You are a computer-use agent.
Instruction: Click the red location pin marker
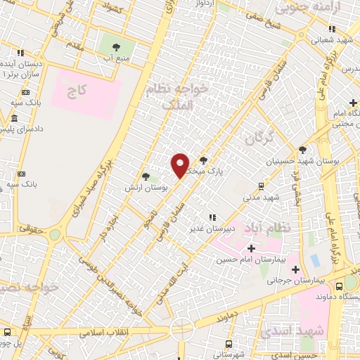coord(180,165)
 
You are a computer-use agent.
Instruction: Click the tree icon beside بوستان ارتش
coord(146,176)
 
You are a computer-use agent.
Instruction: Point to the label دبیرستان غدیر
coord(209,228)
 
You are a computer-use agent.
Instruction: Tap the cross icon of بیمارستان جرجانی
coord(295,269)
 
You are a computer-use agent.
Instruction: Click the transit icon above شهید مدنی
coord(261,186)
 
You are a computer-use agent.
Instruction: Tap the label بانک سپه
coord(15,103)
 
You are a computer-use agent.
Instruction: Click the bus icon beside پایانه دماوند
coord(340,286)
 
